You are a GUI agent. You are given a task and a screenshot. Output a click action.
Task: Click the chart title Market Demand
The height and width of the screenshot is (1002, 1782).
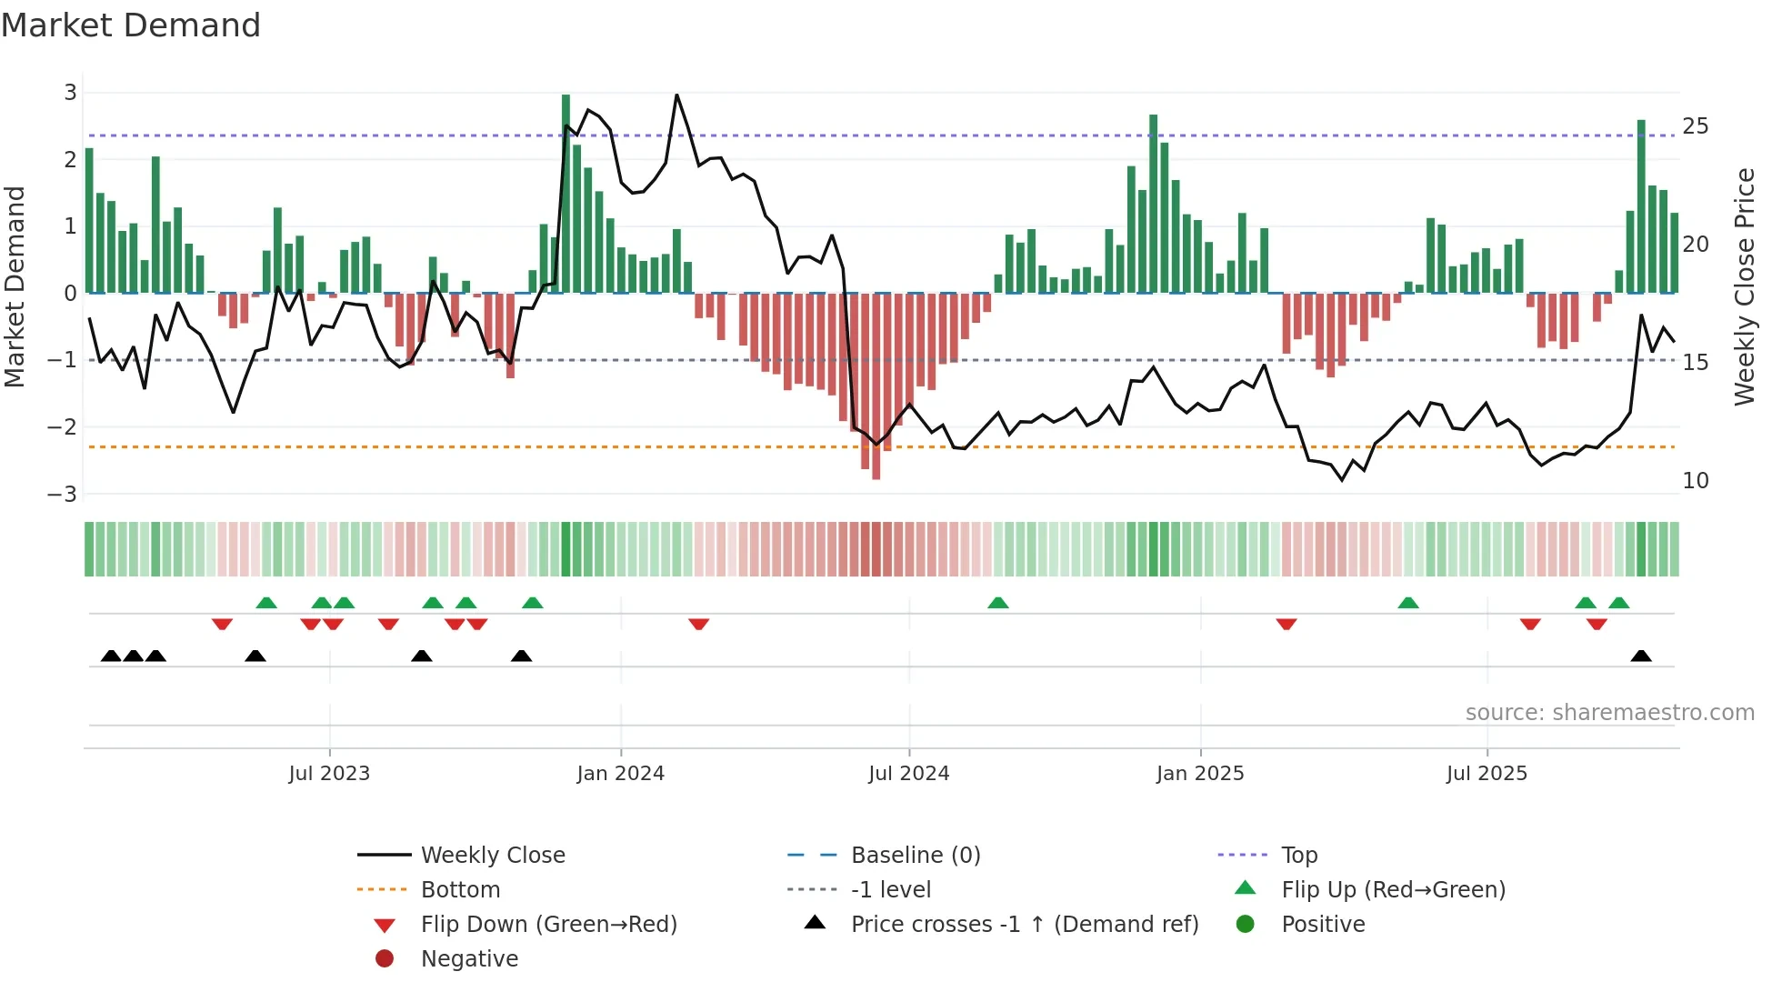tap(131, 25)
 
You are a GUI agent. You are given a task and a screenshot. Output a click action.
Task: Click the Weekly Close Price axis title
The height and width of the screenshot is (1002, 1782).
tap(1744, 286)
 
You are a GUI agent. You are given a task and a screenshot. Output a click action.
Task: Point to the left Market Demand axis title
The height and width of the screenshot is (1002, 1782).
tap(15, 286)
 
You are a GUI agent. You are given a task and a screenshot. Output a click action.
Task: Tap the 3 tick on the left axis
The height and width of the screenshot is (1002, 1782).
tap(70, 92)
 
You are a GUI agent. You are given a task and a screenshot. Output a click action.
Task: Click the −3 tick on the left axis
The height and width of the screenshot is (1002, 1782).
tap(63, 494)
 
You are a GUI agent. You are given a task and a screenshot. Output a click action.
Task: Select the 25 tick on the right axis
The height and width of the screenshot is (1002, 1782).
tap(1695, 125)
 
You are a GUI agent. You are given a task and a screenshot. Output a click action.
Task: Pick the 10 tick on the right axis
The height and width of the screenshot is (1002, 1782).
tap(1695, 480)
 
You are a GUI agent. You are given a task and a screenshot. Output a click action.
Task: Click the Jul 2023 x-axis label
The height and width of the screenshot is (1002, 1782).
tap(329, 774)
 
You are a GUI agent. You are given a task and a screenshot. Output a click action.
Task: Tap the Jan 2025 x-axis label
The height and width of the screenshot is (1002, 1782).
tap(1199, 774)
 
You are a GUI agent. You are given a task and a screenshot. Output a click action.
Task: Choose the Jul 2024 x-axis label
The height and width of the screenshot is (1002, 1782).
tap(908, 774)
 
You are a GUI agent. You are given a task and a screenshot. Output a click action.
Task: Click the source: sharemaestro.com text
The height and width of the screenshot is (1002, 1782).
tap(1609, 712)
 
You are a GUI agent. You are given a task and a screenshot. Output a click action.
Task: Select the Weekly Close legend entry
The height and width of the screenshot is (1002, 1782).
tap(492, 855)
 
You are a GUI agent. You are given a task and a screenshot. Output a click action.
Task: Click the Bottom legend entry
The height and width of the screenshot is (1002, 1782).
tap(460, 889)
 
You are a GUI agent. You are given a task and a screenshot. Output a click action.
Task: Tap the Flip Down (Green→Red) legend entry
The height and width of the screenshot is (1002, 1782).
tap(548, 924)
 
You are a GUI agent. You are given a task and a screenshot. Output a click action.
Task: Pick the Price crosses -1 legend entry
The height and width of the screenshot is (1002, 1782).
tap(1024, 924)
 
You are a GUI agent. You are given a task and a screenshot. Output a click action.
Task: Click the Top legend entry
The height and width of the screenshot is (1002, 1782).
tap(1298, 855)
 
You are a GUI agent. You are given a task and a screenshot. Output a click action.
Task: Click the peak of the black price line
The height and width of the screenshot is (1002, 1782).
tap(676, 95)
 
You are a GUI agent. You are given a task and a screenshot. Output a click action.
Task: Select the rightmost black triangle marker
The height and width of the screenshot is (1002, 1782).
tap(1641, 656)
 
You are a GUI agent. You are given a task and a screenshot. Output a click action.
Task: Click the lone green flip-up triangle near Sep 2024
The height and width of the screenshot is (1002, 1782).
tap(997, 603)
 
